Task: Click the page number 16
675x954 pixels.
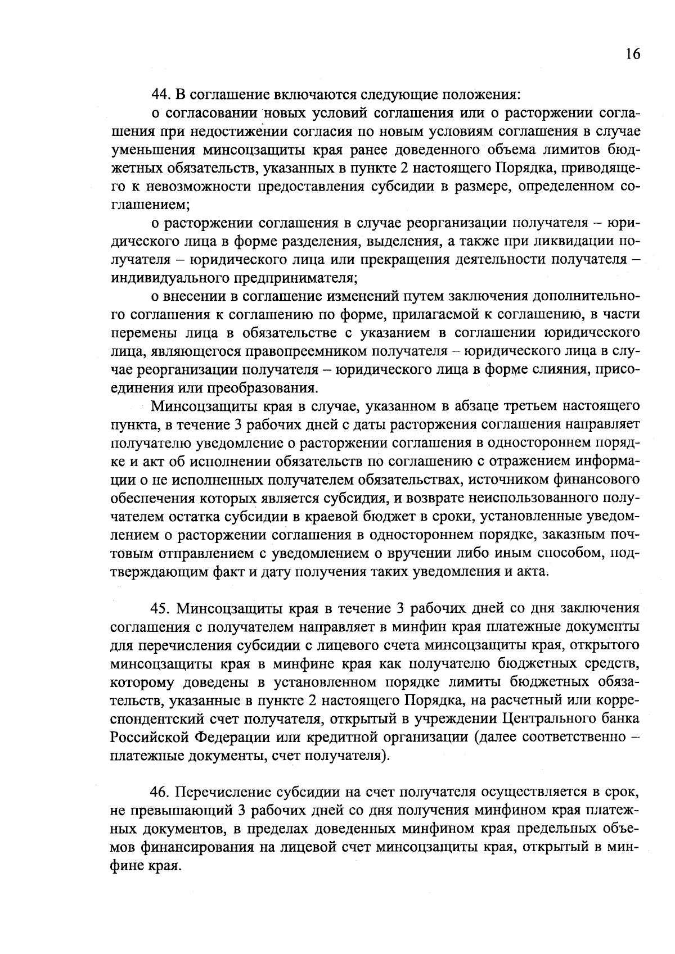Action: (x=632, y=54)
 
